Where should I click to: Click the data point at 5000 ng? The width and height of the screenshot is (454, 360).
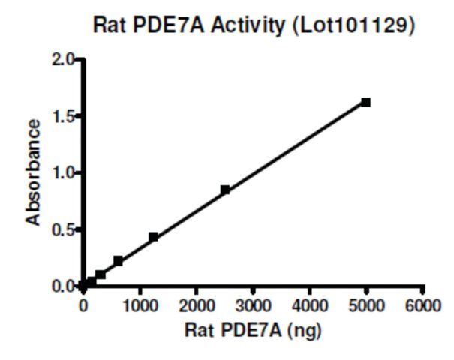point(365,102)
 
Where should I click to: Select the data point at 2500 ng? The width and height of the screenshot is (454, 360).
point(225,190)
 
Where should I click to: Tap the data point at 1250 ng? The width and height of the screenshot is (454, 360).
point(154,237)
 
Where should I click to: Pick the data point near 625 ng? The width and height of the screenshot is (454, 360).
point(119,261)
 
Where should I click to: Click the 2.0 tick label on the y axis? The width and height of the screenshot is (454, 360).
point(64,60)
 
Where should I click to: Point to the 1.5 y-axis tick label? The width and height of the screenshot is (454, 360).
point(64,116)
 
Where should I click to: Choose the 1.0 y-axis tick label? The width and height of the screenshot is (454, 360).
point(64,172)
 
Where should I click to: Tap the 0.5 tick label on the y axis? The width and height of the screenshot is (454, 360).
point(64,229)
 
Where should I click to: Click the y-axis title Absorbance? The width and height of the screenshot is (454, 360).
point(33,173)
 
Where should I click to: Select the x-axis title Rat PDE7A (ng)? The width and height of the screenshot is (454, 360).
point(253,328)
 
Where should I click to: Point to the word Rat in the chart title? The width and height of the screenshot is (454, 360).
point(110,25)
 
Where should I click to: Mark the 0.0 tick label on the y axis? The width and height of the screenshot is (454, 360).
point(64,286)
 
